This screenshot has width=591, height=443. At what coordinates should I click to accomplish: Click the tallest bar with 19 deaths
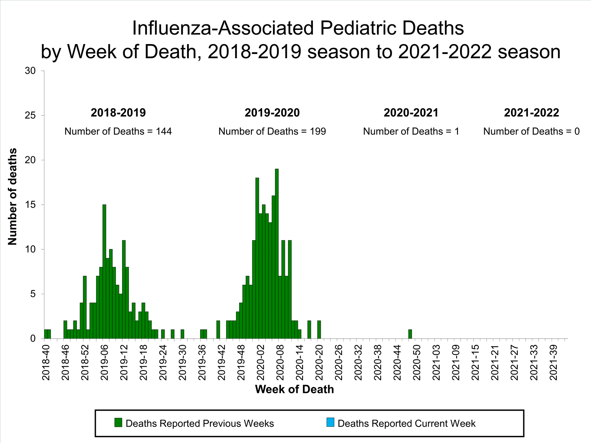[x=277, y=254]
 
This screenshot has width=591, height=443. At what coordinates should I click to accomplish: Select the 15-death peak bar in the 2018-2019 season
[x=104, y=272]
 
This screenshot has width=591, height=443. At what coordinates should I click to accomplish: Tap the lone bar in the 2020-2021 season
[x=410, y=334]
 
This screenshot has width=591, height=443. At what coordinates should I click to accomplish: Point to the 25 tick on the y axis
[x=30, y=115]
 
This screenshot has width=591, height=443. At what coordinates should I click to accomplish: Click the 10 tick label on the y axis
[x=30, y=249]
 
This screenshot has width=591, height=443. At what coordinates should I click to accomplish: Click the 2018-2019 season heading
[x=118, y=113]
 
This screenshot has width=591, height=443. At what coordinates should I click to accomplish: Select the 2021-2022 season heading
[x=532, y=113]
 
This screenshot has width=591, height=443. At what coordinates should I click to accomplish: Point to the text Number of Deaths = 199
[x=272, y=132]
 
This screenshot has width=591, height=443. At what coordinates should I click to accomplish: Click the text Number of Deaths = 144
[x=118, y=132]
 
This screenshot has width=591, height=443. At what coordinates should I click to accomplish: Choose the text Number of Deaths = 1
[x=411, y=132]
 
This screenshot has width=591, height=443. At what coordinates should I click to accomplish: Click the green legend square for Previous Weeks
[x=118, y=423]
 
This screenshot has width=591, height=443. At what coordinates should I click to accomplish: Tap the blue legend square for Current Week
[x=331, y=423]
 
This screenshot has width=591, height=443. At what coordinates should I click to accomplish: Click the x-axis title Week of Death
[x=294, y=389]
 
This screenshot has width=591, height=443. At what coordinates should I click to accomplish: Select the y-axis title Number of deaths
[x=13, y=196]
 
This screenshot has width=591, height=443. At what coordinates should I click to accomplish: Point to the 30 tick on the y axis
[x=30, y=71]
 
